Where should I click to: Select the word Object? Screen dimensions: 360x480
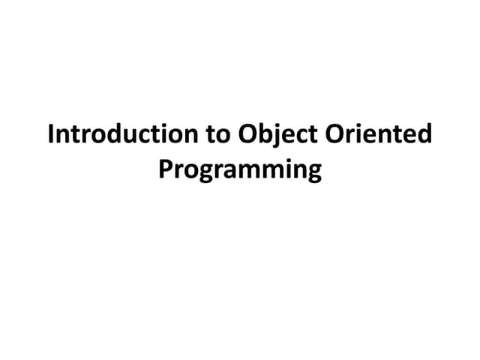click(277, 136)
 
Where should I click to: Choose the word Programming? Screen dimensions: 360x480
click(240, 170)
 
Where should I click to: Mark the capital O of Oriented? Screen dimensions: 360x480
click(337, 136)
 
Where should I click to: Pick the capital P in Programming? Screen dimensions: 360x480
click(164, 169)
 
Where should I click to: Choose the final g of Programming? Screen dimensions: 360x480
click(313, 173)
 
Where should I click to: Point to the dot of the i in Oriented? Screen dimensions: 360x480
click(367, 126)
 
